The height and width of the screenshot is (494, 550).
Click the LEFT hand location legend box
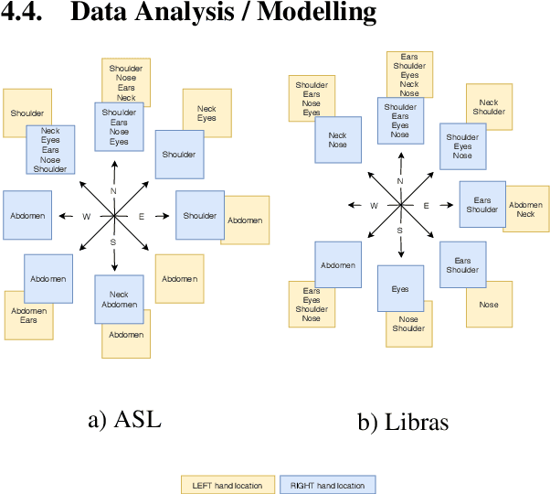pyautogui.click(x=227, y=484)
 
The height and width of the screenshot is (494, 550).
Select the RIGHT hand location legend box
pyautogui.click(x=327, y=484)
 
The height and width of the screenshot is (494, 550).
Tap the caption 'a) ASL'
pyautogui.click(x=124, y=421)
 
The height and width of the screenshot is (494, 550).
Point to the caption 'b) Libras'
pyautogui.click(x=402, y=423)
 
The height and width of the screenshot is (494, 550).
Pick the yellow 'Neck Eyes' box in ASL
pyautogui.click(x=206, y=113)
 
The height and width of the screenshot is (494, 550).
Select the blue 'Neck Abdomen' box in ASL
pyautogui.click(x=119, y=299)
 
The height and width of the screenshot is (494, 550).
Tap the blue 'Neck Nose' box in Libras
pyautogui.click(x=337, y=140)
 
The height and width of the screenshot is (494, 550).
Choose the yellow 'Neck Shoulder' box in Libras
pyautogui.click(x=489, y=107)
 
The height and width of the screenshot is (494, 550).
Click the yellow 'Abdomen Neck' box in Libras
pyautogui.click(x=526, y=209)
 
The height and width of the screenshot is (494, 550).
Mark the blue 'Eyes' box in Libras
pyautogui.click(x=400, y=289)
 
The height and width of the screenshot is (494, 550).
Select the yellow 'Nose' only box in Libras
pyautogui.click(x=489, y=305)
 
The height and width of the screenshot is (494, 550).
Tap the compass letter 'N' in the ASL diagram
pyautogui.click(x=114, y=190)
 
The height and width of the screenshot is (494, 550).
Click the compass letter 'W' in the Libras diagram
pyautogui.click(x=374, y=206)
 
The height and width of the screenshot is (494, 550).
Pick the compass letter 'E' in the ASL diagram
pyautogui.click(x=141, y=216)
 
